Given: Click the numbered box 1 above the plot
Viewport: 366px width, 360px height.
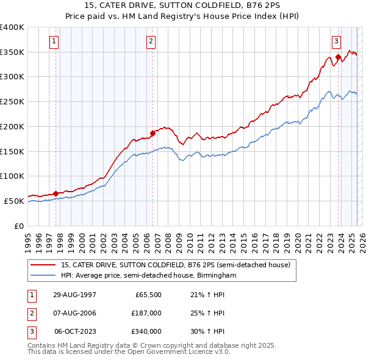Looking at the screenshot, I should pyautogui.click(x=54, y=41).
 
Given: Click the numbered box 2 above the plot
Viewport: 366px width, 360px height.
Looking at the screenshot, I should pyautogui.click(x=151, y=41).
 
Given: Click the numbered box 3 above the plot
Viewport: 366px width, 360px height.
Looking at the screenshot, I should pyautogui.click(x=336, y=41).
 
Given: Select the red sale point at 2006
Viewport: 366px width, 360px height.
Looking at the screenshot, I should pyautogui.click(x=153, y=132).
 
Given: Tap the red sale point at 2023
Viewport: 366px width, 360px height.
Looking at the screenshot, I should pyautogui.click(x=338, y=57).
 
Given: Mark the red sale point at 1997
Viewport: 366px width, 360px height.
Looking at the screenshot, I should pyautogui.click(x=56, y=193).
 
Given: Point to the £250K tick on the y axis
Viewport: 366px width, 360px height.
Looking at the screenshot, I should pyautogui.click(x=12, y=101).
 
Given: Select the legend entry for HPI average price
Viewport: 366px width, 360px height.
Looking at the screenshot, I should pyautogui.click(x=148, y=276).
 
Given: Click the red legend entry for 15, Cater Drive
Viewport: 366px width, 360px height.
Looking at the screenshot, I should pyautogui.click(x=177, y=265).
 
